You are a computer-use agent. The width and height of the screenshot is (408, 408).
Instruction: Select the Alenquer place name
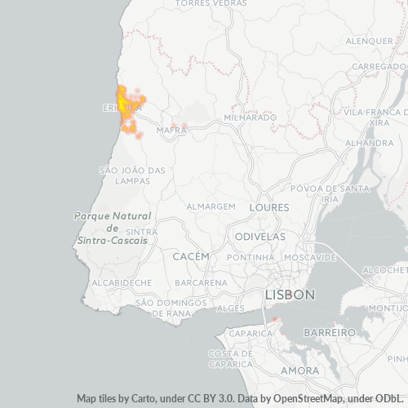tap(369, 41)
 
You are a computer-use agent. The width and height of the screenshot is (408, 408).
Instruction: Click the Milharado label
tap(250, 118)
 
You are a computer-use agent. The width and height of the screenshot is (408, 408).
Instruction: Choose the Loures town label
tap(269, 207)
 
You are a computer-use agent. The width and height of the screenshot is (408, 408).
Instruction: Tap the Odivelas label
tap(260, 236)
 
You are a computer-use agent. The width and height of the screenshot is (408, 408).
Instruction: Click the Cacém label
tap(192, 256)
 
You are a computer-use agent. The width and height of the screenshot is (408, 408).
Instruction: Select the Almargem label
tap(211, 207)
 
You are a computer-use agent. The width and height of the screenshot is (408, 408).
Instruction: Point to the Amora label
tap(299, 370)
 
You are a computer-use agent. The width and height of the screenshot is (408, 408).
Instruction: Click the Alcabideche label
tap(122, 282)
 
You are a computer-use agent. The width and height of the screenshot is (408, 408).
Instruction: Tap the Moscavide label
tap(311, 257)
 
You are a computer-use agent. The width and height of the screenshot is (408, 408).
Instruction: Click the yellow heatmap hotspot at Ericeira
tap(124, 103)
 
